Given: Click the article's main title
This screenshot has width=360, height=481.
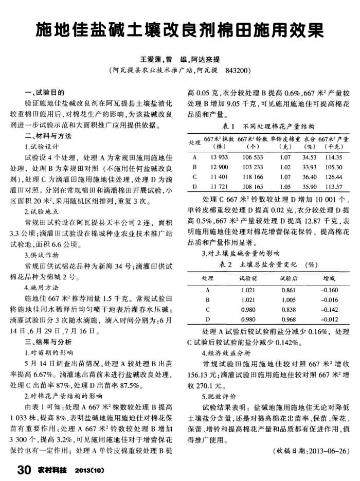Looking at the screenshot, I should pyautogui.click(x=179, y=30).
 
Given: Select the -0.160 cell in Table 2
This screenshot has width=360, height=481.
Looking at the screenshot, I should pyautogui.click(x=329, y=290).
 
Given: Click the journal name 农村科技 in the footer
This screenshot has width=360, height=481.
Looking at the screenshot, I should pyautogui.click(x=52, y=470).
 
